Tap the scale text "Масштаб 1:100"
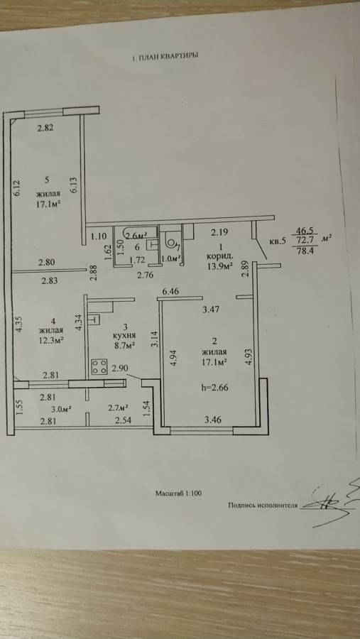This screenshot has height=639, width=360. tap(178, 493)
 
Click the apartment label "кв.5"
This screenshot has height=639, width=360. tap(278, 241)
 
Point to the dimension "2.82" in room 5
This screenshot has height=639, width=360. tap(45, 128)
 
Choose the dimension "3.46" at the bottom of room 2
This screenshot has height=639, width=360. tap(213, 420)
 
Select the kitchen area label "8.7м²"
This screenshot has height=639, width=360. tap(124, 345)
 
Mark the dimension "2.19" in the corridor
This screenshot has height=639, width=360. tap(218, 233)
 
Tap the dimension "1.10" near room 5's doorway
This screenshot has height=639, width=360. tap(98, 235)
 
